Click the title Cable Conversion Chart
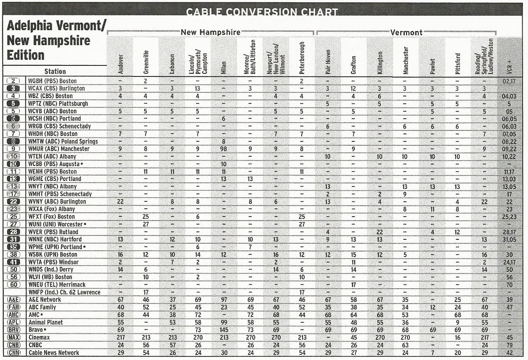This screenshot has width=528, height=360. click(262, 12)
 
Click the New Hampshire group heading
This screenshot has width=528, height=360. click(210, 33)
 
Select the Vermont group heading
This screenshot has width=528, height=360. click(406, 33)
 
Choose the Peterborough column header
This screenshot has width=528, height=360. click(301, 58)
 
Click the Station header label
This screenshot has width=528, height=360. click(55, 71)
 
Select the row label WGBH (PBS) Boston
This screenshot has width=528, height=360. click(52, 81)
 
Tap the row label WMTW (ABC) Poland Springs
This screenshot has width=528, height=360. click(63, 141)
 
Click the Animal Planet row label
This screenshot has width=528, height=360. click(45, 322)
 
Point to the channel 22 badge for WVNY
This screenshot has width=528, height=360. click(13, 201)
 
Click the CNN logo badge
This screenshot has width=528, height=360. click(13, 353)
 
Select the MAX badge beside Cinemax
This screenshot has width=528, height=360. click(13, 337)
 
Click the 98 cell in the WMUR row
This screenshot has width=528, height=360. click(223, 149)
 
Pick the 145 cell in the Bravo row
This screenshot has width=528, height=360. click(223, 330)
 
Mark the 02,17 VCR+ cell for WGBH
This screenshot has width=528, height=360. click(509, 81)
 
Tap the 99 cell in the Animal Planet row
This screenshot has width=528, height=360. click(223, 322)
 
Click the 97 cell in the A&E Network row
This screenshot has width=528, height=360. click(223, 300)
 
